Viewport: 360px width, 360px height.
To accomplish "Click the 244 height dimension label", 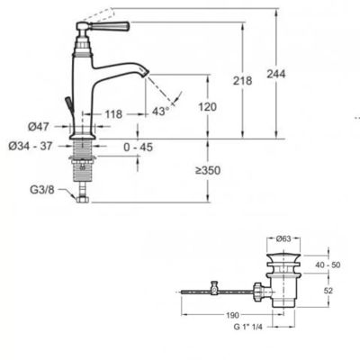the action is (x=276, y=74).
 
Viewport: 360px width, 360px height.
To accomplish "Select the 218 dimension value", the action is (x=242, y=81).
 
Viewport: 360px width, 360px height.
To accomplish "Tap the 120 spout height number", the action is (x=207, y=107).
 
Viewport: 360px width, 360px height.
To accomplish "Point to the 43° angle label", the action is (x=161, y=112).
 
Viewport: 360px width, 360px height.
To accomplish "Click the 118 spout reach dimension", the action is (x=113, y=114).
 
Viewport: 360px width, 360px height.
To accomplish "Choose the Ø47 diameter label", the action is (x=39, y=127).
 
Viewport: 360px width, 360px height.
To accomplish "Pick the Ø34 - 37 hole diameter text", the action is (x=31, y=146).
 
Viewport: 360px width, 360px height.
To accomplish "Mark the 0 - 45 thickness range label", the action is (x=139, y=148).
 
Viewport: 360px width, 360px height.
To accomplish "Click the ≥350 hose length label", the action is (x=208, y=171).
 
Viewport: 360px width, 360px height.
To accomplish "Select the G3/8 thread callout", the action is (x=42, y=190).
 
